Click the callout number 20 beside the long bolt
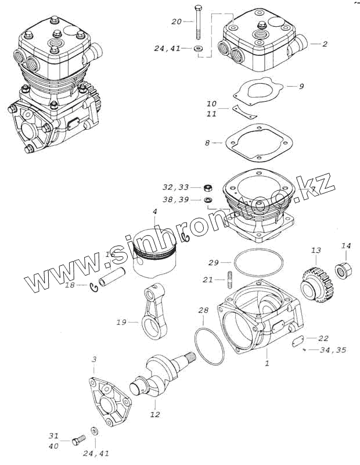tap(177, 22)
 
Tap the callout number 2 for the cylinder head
tap(325, 44)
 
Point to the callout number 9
tap(301, 87)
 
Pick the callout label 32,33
tap(176, 187)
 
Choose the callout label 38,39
tap(176, 199)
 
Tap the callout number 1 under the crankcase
tap(267, 363)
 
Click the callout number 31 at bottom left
tap(53, 436)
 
